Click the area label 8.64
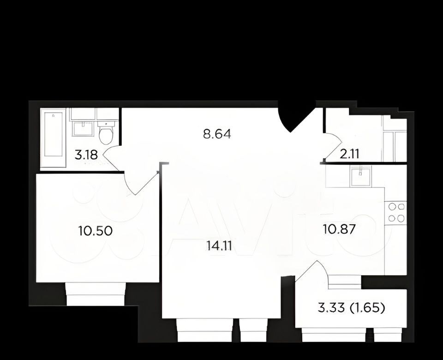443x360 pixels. click(217, 134)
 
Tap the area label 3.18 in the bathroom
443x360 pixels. click(86, 155)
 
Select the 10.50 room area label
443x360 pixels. click(96, 231)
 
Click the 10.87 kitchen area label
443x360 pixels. click(339, 229)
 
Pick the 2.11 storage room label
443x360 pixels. click(349, 154)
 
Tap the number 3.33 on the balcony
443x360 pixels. click(331, 308)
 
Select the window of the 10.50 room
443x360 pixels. click(96, 294)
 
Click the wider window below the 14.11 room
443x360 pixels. click(205, 330)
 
